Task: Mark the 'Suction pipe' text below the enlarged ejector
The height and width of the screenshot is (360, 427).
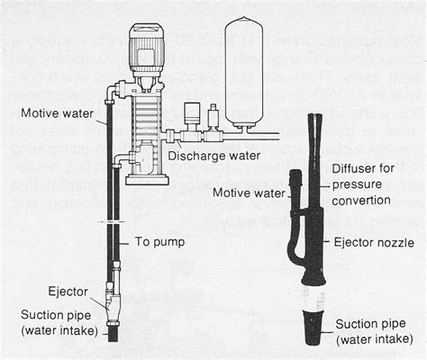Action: pos(370,323)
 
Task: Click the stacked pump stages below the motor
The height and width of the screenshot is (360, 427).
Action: pos(145,126)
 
